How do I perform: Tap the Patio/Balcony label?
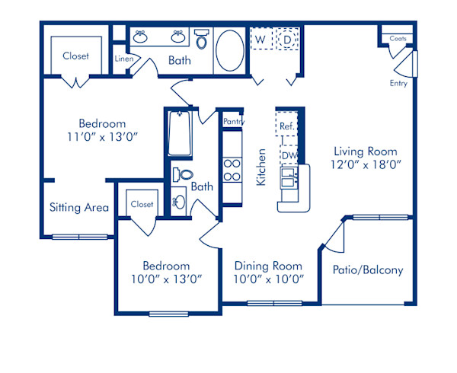(x=368, y=270)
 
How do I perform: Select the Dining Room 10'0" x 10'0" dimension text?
(x=268, y=279)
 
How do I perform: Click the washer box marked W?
(x=260, y=38)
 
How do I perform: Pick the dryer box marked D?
(x=286, y=38)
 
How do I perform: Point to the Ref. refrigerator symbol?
(x=286, y=126)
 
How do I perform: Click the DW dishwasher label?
(x=289, y=155)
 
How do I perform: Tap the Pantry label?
(x=233, y=121)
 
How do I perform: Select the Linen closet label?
(x=124, y=58)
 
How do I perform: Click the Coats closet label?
(x=397, y=37)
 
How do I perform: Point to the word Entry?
(x=398, y=83)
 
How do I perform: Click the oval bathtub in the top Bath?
(x=230, y=50)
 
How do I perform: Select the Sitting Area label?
(x=79, y=207)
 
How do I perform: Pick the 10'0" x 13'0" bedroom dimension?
(x=166, y=279)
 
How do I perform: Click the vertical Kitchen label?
(x=260, y=167)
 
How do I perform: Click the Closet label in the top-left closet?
(x=75, y=56)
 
